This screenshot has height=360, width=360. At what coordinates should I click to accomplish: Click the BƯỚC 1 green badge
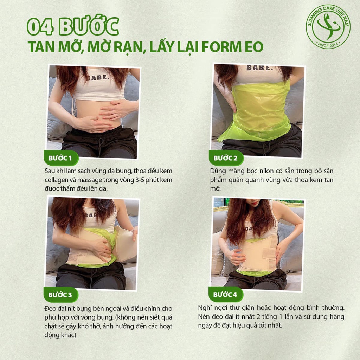(61, 158)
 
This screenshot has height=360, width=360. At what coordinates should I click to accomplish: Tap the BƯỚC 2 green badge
(226, 158)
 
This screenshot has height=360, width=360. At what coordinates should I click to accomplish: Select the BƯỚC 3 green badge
(61, 295)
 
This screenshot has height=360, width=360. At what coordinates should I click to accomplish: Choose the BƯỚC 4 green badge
(226, 294)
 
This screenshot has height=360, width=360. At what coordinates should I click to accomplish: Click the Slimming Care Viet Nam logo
(328, 27)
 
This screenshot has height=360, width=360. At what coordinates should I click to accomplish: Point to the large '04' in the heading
(40, 27)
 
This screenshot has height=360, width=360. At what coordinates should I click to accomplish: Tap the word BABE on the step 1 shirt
(98, 78)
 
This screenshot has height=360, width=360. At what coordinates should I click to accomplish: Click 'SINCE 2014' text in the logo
(328, 45)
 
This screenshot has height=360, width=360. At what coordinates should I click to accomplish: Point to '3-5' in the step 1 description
(139, 180)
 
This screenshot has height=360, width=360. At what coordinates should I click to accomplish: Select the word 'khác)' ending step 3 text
(68, 335)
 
